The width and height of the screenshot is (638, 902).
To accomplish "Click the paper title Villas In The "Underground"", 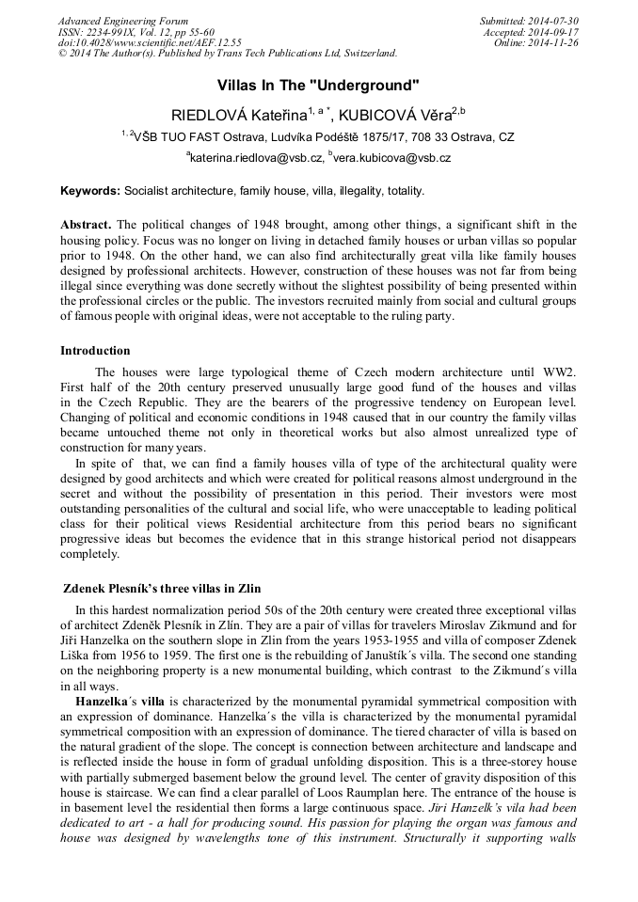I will point(318,86).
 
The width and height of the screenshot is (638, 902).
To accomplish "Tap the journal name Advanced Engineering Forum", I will point(122,21).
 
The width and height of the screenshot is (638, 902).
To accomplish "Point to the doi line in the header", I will point(150,43).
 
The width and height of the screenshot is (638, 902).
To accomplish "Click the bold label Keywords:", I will point(90,191).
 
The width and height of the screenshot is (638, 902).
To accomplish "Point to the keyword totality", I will point(403,191).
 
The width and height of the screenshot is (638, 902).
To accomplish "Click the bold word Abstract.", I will point(86,225).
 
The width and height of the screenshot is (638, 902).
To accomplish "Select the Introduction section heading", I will point(95,351).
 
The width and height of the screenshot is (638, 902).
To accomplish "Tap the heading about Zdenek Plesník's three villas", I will point(161,589).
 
